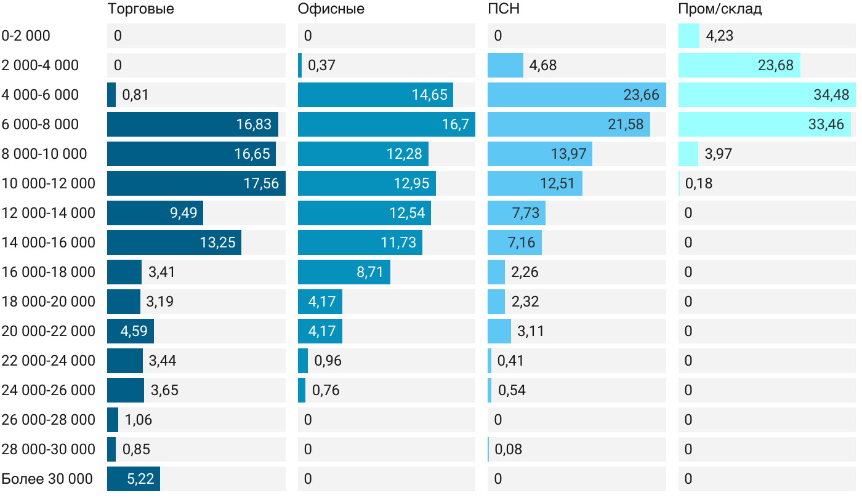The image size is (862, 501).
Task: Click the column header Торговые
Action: pos(140,9)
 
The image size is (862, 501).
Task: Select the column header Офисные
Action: pos(331,9)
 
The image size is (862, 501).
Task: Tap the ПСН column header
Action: pos(499,9)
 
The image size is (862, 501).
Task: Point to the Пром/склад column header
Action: pos(719,9)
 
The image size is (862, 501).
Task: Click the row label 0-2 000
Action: pos(26,36)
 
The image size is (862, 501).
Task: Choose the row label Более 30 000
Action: pos(47,479)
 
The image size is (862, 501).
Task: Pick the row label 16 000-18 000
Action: pos(48,272)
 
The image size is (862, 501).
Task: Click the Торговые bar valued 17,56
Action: pos(196,183)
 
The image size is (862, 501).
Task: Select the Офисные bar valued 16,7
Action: pos(386,124)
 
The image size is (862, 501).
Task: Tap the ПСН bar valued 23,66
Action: pos(576,95)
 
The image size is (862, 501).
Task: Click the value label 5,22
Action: pos(140,479)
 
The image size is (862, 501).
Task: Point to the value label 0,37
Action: pos(321,65)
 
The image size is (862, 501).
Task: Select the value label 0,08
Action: pos(508,449)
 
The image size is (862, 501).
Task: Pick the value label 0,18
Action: pos(698,183)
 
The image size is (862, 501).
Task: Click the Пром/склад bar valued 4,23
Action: pos(689,36)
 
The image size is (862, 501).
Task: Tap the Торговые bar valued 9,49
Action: pos(155,213)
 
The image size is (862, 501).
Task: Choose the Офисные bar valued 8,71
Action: pos(344,272)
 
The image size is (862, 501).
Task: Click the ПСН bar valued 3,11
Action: pos(499,331)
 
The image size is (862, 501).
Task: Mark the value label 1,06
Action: pos(138,420)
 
